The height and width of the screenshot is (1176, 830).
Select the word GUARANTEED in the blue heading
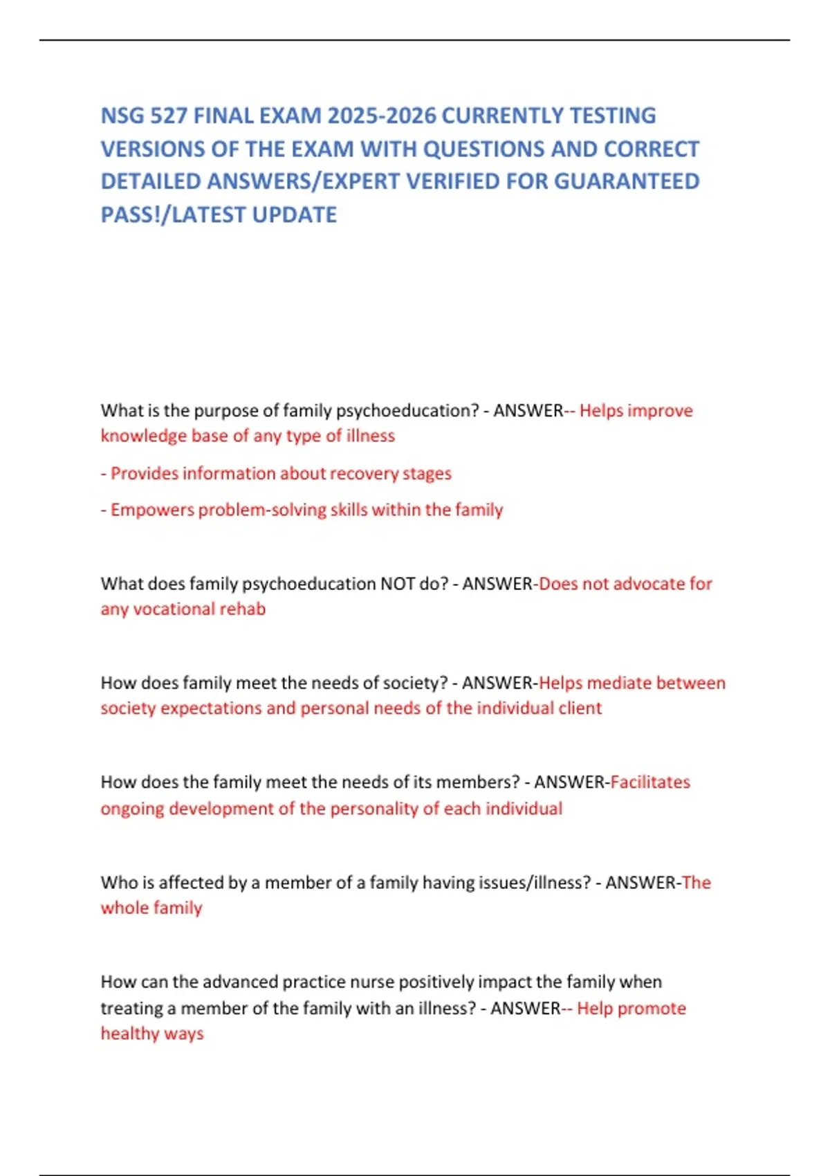point(627,181)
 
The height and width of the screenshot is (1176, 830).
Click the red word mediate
point(619,683)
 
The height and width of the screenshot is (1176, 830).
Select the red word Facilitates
point(650,782)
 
